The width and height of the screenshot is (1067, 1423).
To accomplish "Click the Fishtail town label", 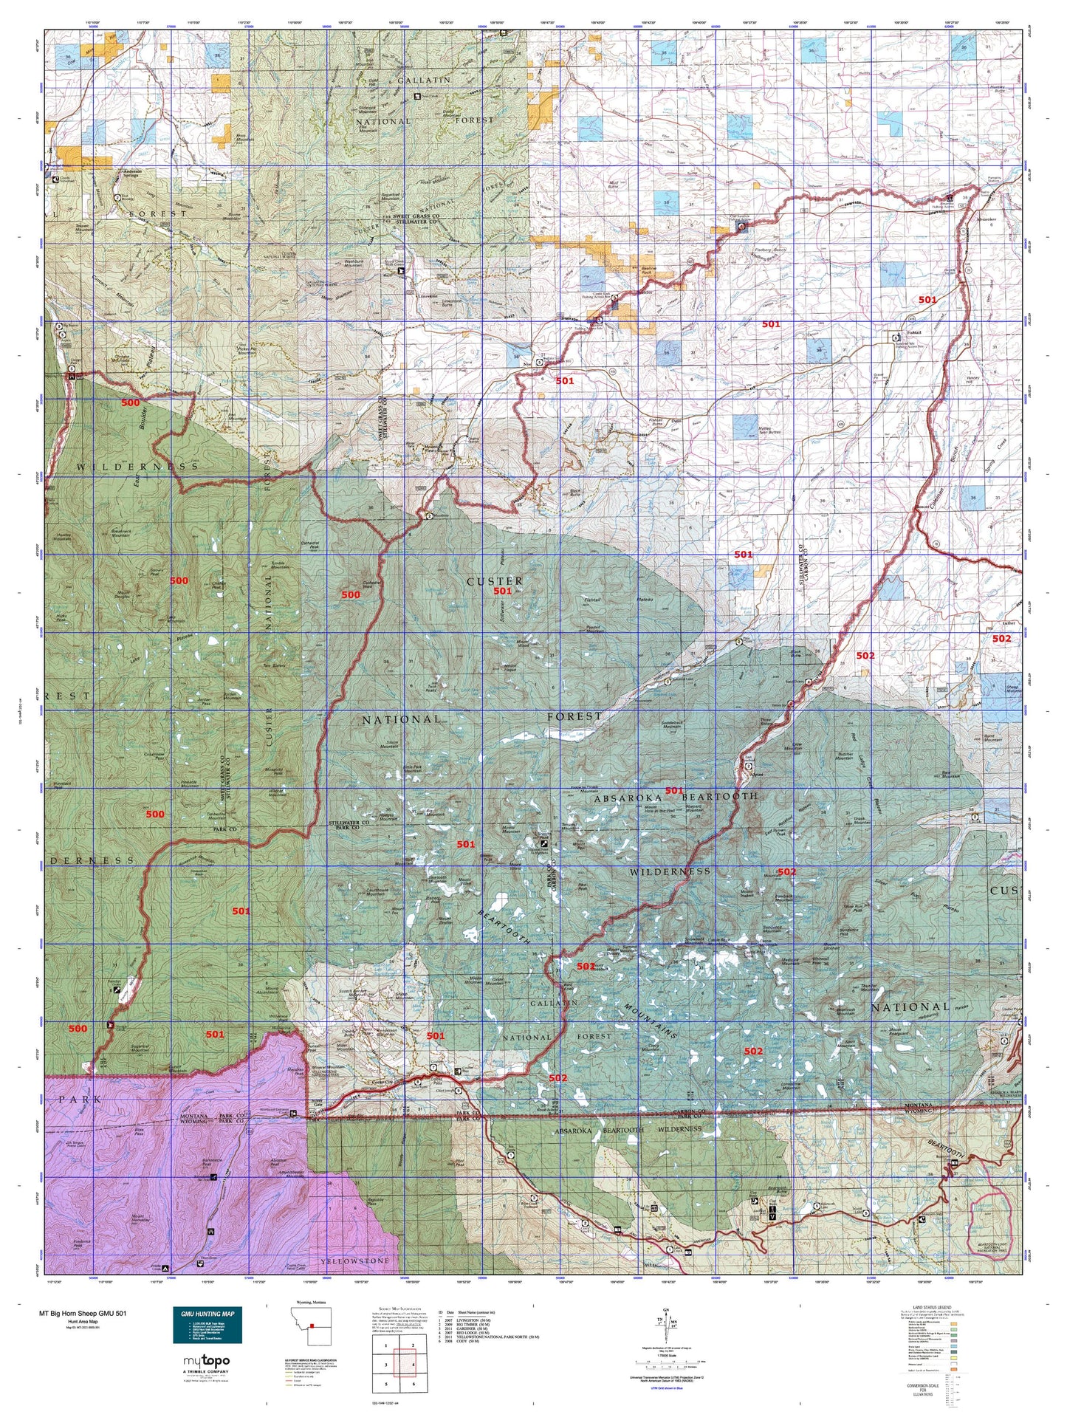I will pyautogui.click(x=913, y=333).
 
